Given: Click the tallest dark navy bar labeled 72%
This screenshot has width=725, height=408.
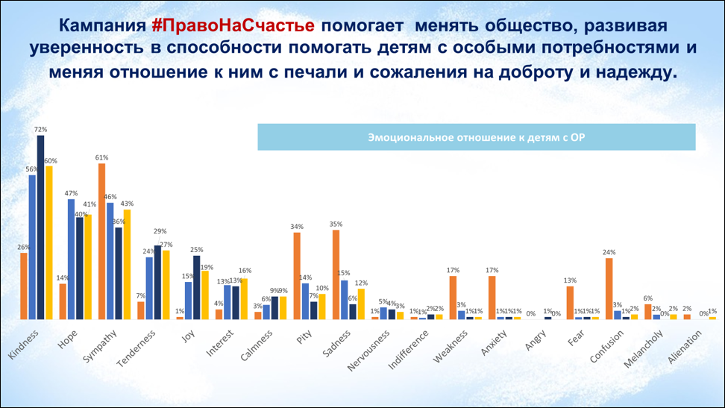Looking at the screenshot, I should [41, 227].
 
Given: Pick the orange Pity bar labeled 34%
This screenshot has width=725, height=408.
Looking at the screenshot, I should [297, 276].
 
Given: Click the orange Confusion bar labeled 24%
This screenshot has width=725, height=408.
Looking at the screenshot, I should [609, 289].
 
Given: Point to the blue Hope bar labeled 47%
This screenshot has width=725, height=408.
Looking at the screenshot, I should [71, 259].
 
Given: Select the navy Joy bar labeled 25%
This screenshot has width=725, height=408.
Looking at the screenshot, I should [196, 287].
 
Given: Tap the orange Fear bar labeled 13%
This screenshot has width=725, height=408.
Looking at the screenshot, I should [570, 303].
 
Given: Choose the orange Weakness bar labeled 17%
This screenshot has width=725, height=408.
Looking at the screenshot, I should [453, 298].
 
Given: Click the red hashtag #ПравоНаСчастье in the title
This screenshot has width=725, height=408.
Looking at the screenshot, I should [236, 25].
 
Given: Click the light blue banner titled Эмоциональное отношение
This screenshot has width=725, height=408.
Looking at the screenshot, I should [476, 137].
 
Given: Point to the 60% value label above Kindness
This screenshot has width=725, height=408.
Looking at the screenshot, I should [50, 160].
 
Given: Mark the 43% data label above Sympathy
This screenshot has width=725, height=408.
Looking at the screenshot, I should [128, 204].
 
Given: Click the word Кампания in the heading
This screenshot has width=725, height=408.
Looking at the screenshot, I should [101, 25].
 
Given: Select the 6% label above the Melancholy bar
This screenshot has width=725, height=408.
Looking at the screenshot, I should [647, 298].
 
